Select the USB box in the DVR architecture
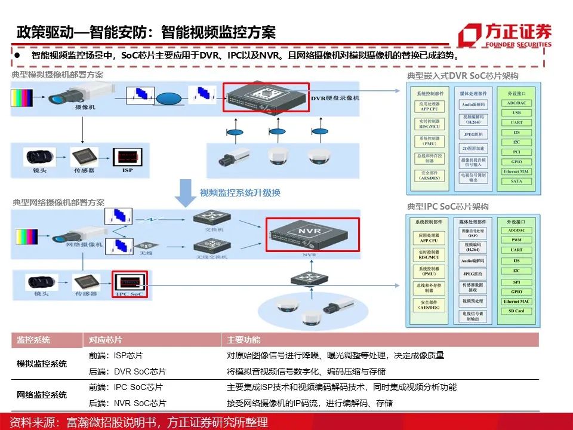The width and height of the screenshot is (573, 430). coord(516,112)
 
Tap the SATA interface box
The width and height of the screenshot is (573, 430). coord(516,182)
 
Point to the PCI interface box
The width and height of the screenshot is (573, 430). coord(516,152)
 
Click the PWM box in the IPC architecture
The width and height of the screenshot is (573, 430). coord(516,240)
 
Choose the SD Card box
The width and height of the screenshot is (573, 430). coord(516,311)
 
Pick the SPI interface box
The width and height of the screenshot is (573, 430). coord(516,281)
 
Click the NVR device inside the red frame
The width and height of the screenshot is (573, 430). coord(313,234)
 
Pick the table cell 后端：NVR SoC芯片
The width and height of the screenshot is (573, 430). coord(128,403)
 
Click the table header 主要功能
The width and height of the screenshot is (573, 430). coord(244,340)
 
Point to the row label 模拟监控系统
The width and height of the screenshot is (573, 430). coord(42,364)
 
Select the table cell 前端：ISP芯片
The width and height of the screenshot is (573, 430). coord(116,355)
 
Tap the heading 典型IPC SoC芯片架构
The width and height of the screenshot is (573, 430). coord(448,207)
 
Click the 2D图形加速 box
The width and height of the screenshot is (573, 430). coord(473,148)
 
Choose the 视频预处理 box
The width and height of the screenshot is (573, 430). coord(473,301)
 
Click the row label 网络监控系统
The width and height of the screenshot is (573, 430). coord(42,395)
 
